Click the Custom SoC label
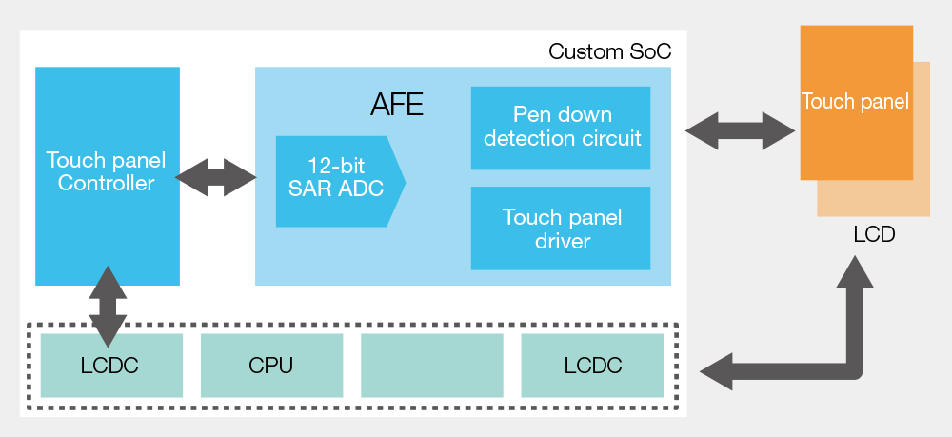point(609,51)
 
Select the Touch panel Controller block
point(108,176)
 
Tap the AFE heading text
point(396,105)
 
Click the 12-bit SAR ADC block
point(340,182)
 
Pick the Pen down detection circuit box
point(561,128)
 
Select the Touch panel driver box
point(561,228)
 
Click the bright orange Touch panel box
point(856,103)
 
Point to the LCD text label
point(874,234)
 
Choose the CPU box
point(271,366)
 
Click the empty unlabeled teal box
point(431,366)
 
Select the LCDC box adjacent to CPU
point(111,366)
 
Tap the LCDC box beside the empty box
point(592,366)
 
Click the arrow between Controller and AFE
point(215,177)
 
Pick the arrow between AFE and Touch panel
point(740,130)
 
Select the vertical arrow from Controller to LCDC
point(109,306)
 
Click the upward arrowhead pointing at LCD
point(855,272)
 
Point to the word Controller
point(107,183)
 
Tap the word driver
point(563,241)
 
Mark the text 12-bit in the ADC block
point(336,167)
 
